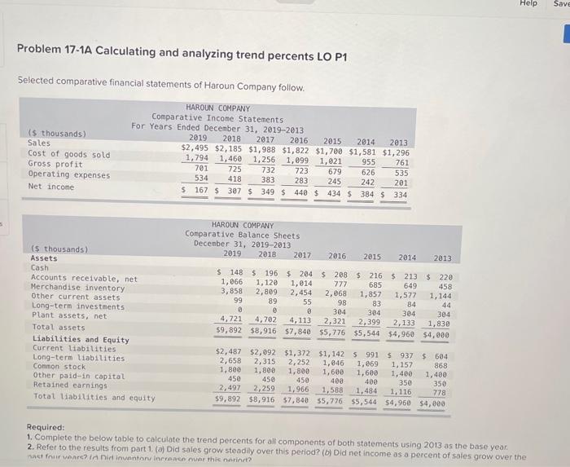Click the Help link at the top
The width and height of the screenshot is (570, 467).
528,4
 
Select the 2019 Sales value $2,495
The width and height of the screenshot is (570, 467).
195,150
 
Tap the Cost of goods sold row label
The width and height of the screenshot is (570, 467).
69,154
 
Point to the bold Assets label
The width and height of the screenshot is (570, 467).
44,258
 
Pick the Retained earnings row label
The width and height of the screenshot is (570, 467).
66,386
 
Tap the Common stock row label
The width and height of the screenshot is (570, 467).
59,368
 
